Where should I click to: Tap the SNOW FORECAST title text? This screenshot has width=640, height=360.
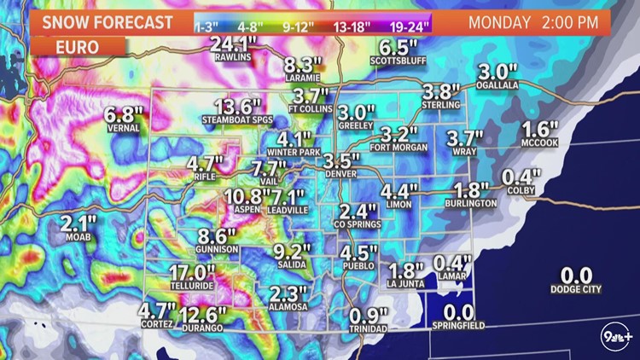coord(101,20)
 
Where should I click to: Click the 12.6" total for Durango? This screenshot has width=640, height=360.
coord(203,315)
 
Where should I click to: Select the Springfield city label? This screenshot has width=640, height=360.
coord(460,327)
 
